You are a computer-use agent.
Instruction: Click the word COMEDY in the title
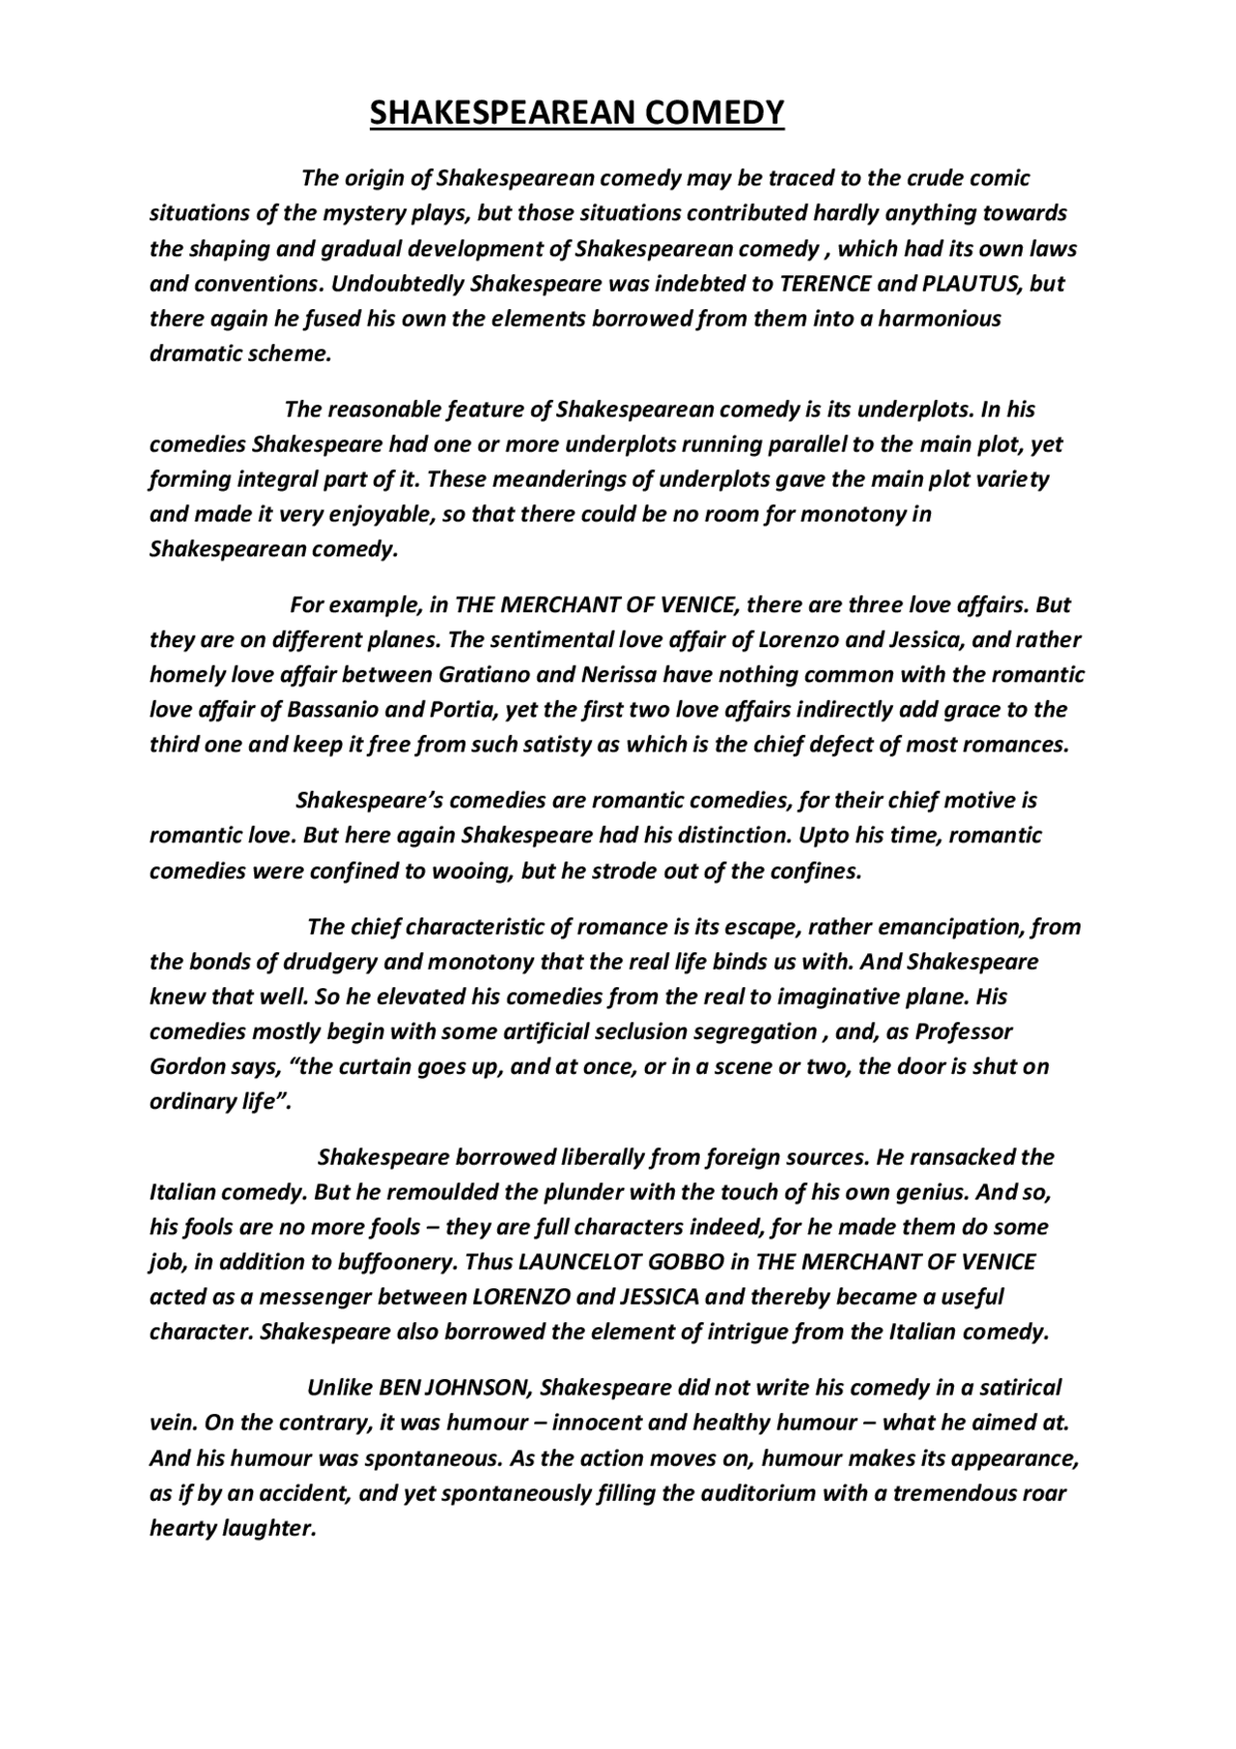(x=715, y=114)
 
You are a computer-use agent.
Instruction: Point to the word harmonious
(x=940, y=319)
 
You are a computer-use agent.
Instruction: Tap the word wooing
(x=477, y=871)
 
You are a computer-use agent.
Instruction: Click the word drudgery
(x=332, y=963)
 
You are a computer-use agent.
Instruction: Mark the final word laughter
(x=275, y=1528)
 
